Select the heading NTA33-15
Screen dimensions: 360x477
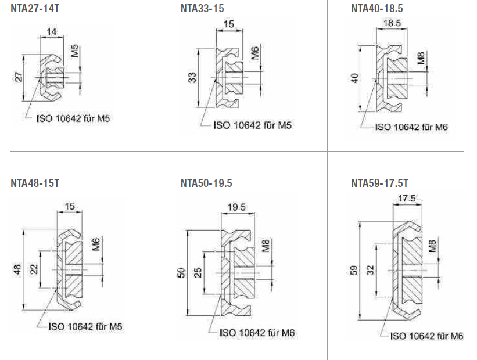pos(202,8)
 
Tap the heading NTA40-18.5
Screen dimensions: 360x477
pos(376,8)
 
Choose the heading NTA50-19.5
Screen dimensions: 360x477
pos(206,184)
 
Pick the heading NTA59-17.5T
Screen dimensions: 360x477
pos(380,184)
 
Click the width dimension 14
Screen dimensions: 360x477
pos(52,33)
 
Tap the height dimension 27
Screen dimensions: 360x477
pos(18,77)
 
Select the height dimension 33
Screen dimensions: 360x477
pos(192,77)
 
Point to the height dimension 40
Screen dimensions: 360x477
pos(355,78)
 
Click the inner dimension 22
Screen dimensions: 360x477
pos(34,269)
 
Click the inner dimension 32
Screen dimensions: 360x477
pos(371,270)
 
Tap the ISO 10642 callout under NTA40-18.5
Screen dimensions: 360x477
pos(411,127)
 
